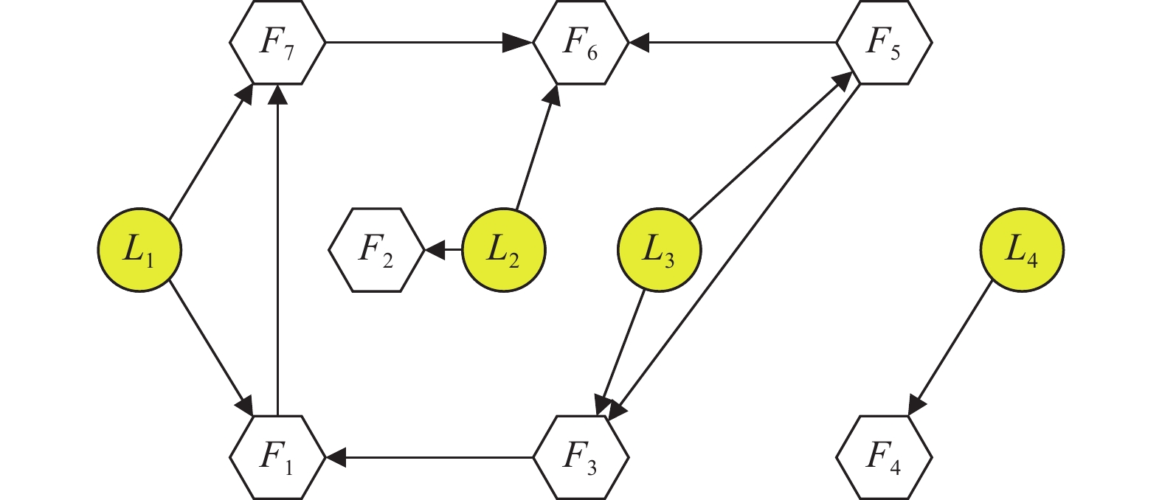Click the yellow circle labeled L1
tap(139, 251)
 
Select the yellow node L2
tap(503, 251)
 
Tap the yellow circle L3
tap(659, 251)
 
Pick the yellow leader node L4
tap(1022, 251)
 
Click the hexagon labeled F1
tap(277, 457)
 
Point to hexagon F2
tap(376, 251)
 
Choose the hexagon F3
tap(581, 457)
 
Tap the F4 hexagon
tap(884, 457)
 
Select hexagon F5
tap(884, 43)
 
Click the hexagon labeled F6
tap(581, 43)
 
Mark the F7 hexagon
tap(277, 43)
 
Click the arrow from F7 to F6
tap(428, 43)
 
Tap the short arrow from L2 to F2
tap(444, 251)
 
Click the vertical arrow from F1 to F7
tap(277, 251)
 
